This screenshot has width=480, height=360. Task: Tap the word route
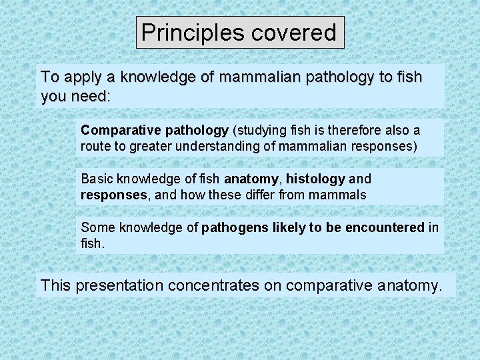click(x=94, y=145)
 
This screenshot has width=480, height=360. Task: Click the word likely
click(x=290, y=228)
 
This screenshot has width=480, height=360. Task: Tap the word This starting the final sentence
click(x=55, y=285)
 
